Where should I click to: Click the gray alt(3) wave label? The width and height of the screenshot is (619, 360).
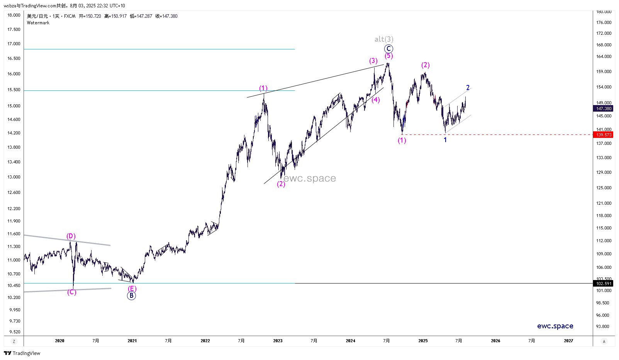(x=384, y=39)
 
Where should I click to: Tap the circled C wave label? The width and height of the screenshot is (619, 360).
(x=388, y=49)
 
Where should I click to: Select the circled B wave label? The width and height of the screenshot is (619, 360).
(x=131, y=296)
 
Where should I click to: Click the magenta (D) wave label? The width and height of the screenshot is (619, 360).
(x=71, y=236)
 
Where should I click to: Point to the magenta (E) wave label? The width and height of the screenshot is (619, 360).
(x=132, y=289)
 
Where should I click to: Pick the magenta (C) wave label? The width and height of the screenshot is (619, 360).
(x=72, y=292)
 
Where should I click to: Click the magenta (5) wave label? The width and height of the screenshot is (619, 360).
(x=389, y=56)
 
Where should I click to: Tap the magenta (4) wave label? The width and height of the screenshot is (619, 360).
(x=376, y=100)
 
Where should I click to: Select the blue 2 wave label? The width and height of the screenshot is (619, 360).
(x=468, y=88)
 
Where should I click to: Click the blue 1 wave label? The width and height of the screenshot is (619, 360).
(x=445, y=140)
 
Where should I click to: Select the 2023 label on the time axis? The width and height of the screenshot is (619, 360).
(x=278, y=341)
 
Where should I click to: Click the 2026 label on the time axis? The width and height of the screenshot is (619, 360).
(x=495, y=341)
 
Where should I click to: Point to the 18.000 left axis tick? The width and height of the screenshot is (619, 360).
(x=14, y=15)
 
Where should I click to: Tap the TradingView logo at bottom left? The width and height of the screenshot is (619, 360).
(x=22, y=353)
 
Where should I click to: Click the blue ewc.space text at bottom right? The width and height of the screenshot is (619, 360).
(x=555, y=326)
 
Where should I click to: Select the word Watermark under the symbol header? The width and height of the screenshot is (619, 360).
(x=38, y=23)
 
